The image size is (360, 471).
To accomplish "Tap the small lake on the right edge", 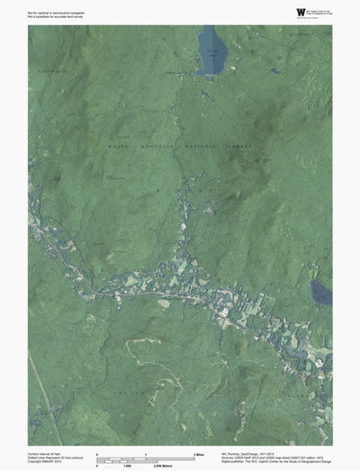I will tap(321, 293).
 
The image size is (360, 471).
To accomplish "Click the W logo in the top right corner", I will tap(300, 12).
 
